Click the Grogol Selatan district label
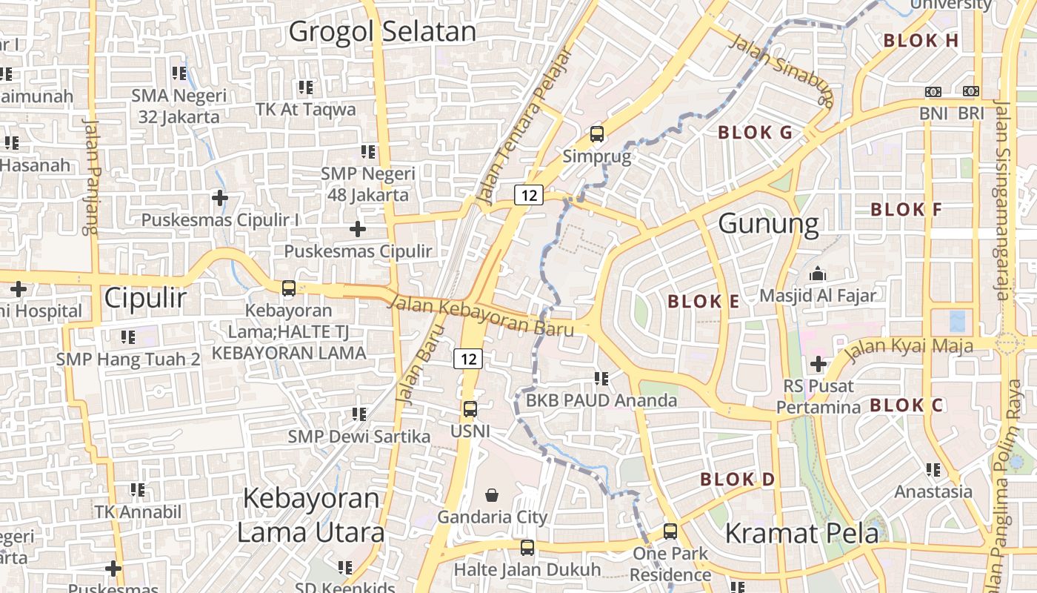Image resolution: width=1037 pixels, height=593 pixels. (x=382, y=32)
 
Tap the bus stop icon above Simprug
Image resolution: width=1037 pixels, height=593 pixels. (x=596, y=134)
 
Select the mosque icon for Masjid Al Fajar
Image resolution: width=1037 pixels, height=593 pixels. (x=818, y=274)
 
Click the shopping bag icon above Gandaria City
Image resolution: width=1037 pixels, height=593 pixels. (x=492, y=494)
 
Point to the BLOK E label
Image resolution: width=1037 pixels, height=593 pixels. (x=703, y=302)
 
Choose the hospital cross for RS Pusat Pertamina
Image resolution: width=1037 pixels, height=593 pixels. (x=818, y=364)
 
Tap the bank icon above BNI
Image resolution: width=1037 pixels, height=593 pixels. (x=933, y=91)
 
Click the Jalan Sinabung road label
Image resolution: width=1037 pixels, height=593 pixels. (x=782, y=70)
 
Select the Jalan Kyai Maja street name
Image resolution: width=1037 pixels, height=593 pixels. (x=910, y=347)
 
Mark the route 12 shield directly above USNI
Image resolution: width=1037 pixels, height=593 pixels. (x=468, y=360)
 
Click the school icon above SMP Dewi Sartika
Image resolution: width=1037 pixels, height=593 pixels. (x=359, y=414)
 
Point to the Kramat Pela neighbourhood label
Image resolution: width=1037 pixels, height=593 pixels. (x=801, y=533)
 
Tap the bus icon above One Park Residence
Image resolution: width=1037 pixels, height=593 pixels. (x=670, y=531)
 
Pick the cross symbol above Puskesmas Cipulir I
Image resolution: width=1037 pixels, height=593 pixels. (x=219, y=198)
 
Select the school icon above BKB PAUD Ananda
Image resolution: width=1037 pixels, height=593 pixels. (x=601, y=379)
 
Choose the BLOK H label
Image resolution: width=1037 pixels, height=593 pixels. (x=921, y=41)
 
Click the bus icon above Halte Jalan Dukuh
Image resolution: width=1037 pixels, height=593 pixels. (x=527, y=548)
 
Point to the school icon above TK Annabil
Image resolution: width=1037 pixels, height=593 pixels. (x=137, y=489)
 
